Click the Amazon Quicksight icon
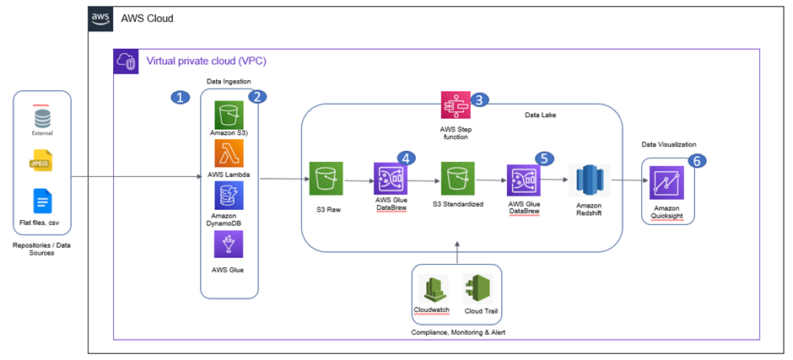668,183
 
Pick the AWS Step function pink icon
456,105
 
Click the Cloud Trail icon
478,288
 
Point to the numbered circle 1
179,97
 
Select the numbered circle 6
697,161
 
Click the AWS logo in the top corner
102,19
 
